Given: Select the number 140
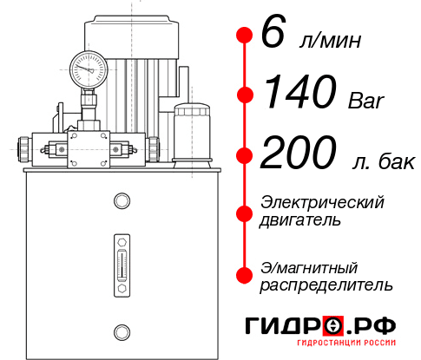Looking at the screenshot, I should click(291, 92).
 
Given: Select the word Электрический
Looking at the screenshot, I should click(322, 202).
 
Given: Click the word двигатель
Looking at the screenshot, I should click(300, 220).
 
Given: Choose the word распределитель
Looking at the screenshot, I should click(326, 285).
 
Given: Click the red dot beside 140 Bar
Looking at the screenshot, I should click(245, 93).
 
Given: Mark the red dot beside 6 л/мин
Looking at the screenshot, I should click(245, 35).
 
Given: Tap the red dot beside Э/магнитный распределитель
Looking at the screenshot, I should click(245, 275).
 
